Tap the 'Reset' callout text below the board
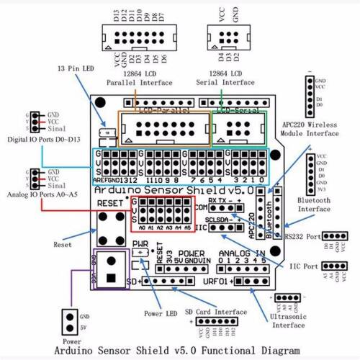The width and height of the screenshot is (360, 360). [63, 246]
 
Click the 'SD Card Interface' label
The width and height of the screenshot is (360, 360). [215, 311]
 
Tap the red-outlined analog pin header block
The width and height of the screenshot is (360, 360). [163, 214]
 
